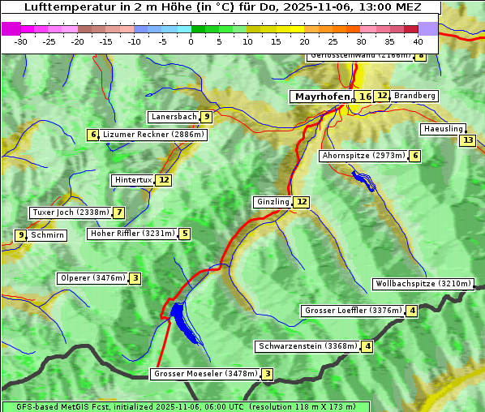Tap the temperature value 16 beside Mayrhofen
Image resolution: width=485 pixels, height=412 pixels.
tap(365, 97)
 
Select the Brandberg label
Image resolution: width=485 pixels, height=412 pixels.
tap(414, 96)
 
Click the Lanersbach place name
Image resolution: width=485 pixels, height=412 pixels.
tap(174, 117)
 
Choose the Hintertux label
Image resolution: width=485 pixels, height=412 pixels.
tap(134, 180)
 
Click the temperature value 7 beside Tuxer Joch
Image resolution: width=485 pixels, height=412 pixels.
tap(119, 212)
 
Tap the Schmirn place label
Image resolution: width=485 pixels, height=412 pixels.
tap(48, 235)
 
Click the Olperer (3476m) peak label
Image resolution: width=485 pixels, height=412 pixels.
tap(92, 278)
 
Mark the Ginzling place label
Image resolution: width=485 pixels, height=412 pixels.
tap(273, 202)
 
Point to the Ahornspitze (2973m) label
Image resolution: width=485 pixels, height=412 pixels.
tap(363, 156)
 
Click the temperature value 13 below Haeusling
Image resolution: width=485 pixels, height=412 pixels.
tap(467, 140)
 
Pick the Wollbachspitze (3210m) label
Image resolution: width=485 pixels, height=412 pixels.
tap(423, 284)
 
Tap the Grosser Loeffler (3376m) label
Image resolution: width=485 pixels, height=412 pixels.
tap(353, 311)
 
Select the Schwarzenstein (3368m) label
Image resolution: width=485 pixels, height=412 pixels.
tap(307, 346)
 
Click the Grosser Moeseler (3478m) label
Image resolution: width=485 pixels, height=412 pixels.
tap(205, 374)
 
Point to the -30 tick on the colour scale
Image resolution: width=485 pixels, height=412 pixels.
tap(21, 41)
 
